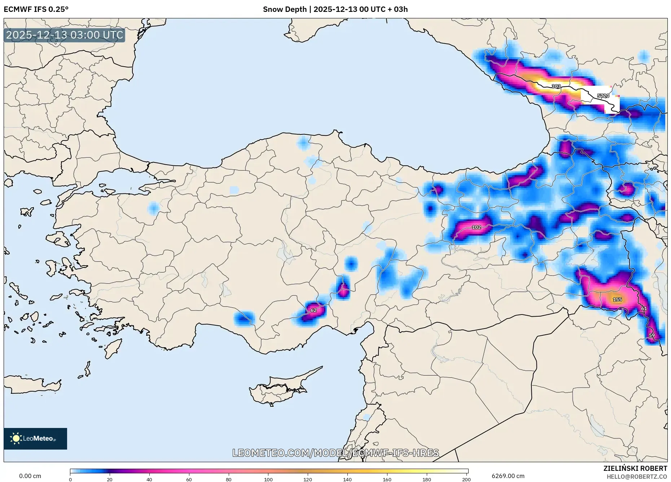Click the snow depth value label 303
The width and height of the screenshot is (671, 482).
(x=556, y=86)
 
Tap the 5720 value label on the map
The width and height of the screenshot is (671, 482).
(x=603, y=96)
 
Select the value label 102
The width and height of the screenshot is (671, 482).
(x=476, y=227)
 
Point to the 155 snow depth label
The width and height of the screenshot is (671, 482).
(x=617, y=299)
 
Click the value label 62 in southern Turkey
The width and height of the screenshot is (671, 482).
(x=313, y=310)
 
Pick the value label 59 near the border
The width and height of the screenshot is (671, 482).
(x=652, y=335)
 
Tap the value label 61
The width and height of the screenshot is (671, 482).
(x=644, y=309)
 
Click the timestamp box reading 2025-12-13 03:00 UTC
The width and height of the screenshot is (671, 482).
(x=65, y=35)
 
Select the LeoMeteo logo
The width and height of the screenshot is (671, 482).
(x=35, y=438)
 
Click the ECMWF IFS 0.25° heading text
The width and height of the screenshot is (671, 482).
(x=36, y=9)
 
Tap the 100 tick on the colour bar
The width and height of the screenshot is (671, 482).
(x=268, y=479)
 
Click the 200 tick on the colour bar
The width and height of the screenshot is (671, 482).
(x=466, y=479)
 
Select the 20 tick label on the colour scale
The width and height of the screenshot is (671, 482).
(x=110, y=479)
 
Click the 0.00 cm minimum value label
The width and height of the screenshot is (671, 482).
(x=30, y=476)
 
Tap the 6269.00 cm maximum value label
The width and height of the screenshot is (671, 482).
(x=508, y=476)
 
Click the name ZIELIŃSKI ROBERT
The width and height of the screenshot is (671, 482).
(x=635, y=468)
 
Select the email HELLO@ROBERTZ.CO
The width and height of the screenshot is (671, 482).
(x=636, y=477)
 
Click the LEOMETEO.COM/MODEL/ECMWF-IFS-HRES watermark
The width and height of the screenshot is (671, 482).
(x=335, y=453)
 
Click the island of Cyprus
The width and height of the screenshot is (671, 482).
(x=278, y=391)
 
